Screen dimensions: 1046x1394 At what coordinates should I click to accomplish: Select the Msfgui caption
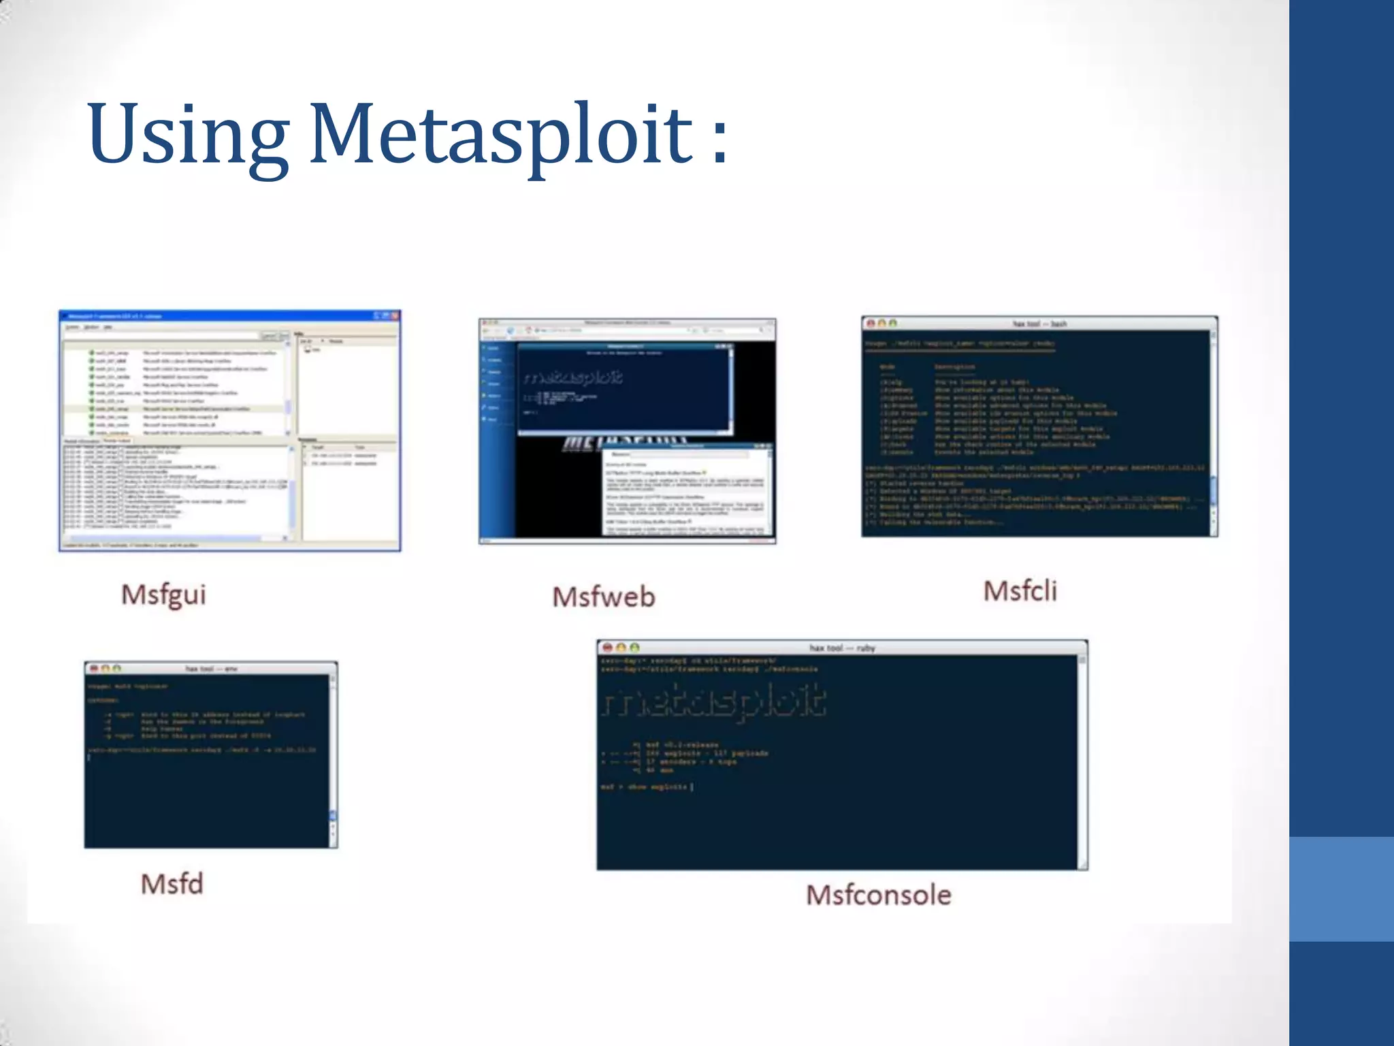click(x=163, y=594)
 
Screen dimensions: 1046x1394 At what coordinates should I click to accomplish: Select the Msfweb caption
click(x=604, y=597)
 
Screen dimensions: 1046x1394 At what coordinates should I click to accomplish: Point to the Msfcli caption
click(x=1020, y=590)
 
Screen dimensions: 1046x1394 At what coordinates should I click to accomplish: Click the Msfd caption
click(x=172, y=884)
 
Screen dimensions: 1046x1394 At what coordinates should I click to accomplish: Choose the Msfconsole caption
click(x=879, y=895)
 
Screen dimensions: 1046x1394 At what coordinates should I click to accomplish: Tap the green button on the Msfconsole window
click(x=634, y=648)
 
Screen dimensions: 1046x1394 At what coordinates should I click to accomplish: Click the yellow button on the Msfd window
click(x=106, y=669)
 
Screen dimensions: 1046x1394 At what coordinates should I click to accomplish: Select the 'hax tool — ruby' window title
click(x=842, y=648)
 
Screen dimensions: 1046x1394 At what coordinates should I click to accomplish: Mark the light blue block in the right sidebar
click(x=1341, y=889)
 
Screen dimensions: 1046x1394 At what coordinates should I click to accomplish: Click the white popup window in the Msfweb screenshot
click(x=687, y=490)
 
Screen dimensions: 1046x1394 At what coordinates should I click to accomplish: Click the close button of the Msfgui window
click(x=394, y=316)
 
